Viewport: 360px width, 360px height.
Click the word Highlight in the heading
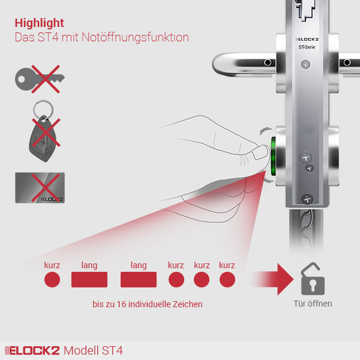[39, 23]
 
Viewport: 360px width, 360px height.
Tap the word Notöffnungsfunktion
[135, 37]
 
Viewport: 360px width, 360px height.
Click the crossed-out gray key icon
[40, 79]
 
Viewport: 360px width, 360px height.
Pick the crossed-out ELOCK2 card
[40, 188]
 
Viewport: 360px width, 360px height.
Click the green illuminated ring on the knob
[273, 156]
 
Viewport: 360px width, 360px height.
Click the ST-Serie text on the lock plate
[307, 47]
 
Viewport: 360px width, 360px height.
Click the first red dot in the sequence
[52, 280]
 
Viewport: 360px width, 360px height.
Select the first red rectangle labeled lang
[89, 280]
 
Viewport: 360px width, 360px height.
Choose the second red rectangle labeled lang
[139, 280]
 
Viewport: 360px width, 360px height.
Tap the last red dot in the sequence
[227, 280]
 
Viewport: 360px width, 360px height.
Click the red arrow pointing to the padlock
[272, 279]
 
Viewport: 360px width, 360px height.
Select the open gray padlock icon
[313, 279]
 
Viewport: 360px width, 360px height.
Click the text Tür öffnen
[313, 304]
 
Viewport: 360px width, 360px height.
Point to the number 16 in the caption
[122, 304]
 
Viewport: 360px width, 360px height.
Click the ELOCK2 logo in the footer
[32, 350]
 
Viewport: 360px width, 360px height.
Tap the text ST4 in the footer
[112, 350]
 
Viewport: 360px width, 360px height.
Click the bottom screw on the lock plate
[307, 199]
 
